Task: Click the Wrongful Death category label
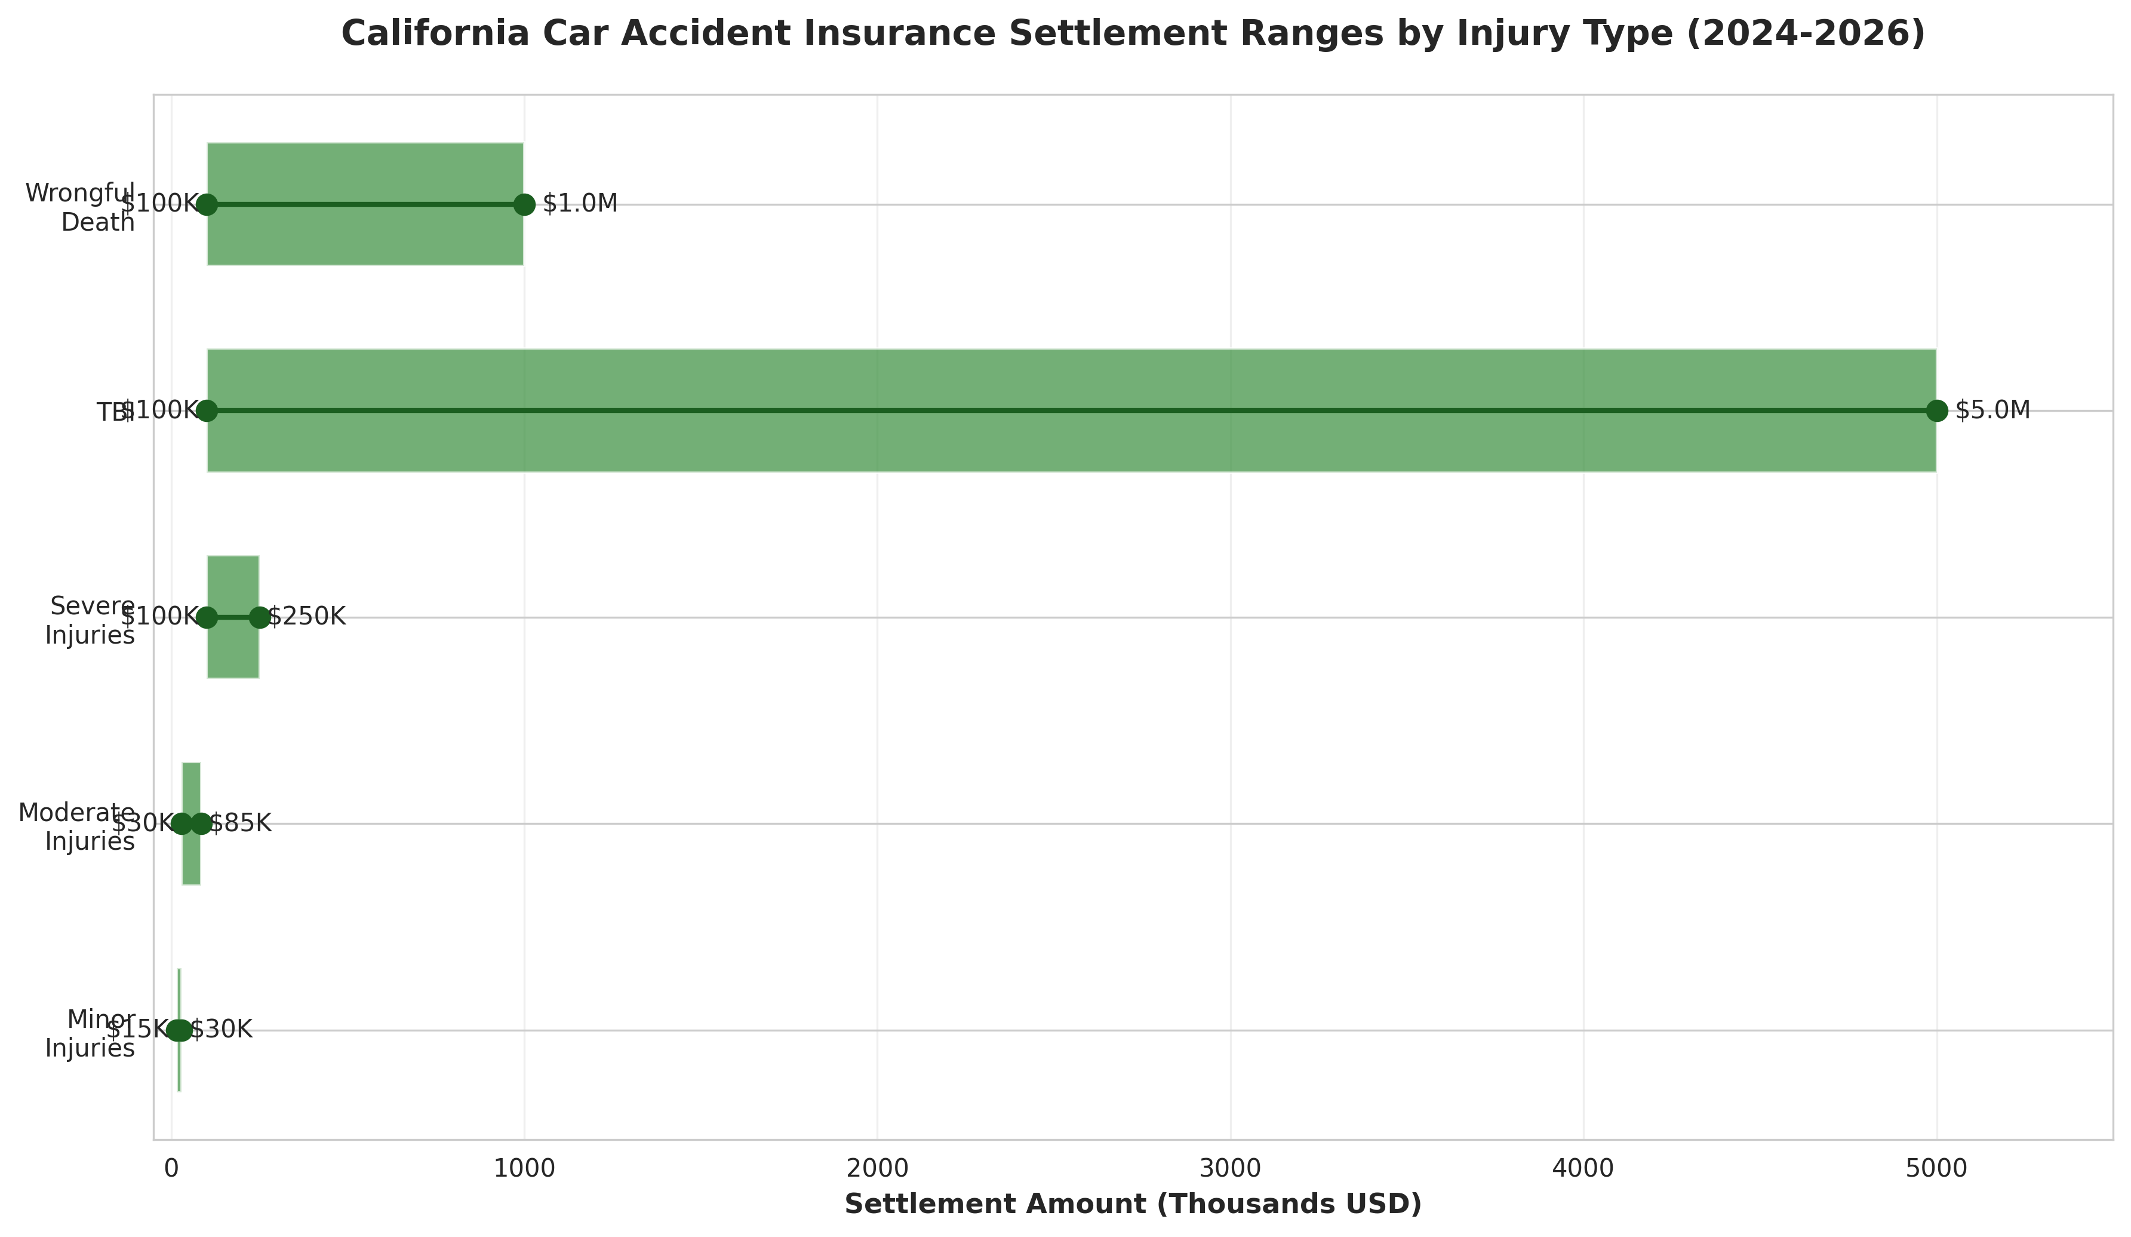81,207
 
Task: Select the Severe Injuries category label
90,620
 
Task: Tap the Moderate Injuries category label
77,826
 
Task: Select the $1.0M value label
580,204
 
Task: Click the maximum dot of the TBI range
1936,411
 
